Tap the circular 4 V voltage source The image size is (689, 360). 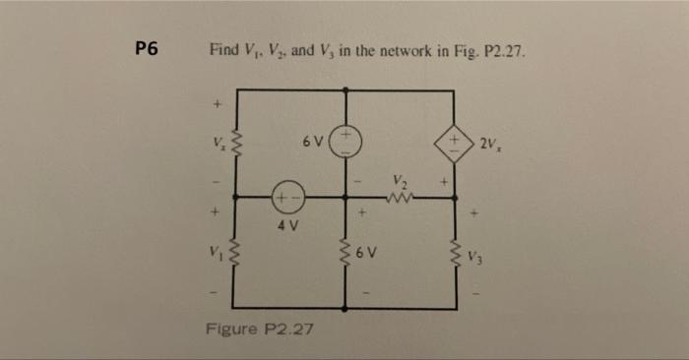(x=287, y=197)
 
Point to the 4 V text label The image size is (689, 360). (x=287, y=225)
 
